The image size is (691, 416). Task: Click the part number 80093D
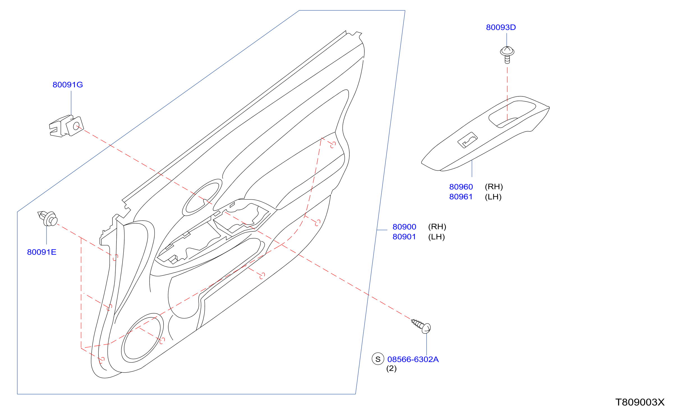pyautogui.click(x=501, y=27)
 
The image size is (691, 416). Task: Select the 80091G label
pyautogui.click(x=68, y=85)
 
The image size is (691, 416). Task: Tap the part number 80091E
pyautogui.click(x=42, y=252)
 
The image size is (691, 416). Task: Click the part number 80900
pyautogui.click(x=404, y=227)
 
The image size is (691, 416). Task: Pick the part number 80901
pyautogui.click(x=404, y=237)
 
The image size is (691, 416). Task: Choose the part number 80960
pyautogui.click(x=461, y=187)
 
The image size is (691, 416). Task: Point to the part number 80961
pyautogui.click(x=461, y=197)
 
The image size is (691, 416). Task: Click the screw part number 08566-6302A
pyautogui.click(x=413, y=359)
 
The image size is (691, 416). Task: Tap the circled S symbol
pyautogui.click(x=378, y=359)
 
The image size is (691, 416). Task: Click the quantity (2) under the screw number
pyautogui.click(x=391, y=368)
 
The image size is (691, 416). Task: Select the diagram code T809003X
pyautogui.click(x=640, y=402)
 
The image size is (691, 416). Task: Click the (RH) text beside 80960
pyautogui.click(x=494, y=187)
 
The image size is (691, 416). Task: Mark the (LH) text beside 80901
pyautogui.click(x=436, y=237)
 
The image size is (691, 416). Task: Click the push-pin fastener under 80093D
pyautogui.click(x=507, y=55)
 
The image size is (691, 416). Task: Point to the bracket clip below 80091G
pyautogui.click(x=66, y=126)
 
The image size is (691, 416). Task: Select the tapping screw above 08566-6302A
pyautogui.click(x=421, y=326)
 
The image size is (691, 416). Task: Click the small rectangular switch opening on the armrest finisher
pyautogui.click(x=467, y=140)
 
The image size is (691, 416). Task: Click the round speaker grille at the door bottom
pyautogui.click(x=142, y=338)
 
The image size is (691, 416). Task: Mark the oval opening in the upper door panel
pyautogui.click(x=202, y=197)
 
